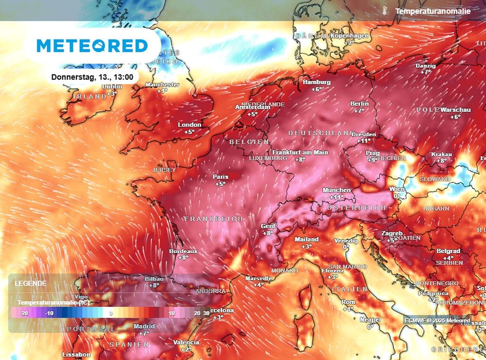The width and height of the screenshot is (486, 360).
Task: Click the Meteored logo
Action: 93,46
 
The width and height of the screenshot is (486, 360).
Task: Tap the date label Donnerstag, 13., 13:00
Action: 92,76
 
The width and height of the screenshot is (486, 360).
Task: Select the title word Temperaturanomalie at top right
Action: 432,11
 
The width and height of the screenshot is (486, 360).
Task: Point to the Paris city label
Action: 220,177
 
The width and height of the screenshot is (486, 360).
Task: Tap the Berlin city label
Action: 359,104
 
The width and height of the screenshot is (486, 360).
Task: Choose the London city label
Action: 189,125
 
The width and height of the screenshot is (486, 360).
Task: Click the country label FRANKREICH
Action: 213,219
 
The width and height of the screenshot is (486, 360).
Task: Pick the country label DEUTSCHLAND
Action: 321,133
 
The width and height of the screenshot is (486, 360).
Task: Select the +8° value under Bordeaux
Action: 183,258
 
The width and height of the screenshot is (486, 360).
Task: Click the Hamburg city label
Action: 317,82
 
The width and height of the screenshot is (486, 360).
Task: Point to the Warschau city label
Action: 455,110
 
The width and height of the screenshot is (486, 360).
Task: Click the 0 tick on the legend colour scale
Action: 110,313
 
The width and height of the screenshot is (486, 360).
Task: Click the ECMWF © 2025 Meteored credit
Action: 437,320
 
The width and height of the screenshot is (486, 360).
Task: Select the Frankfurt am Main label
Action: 300,152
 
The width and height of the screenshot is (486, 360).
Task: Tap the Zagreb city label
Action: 392,234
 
